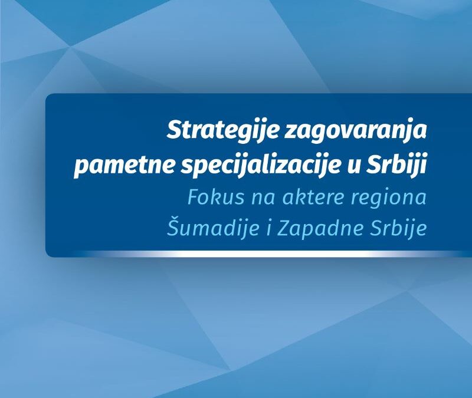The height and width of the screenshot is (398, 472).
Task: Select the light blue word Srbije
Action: [x=399, y=228]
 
